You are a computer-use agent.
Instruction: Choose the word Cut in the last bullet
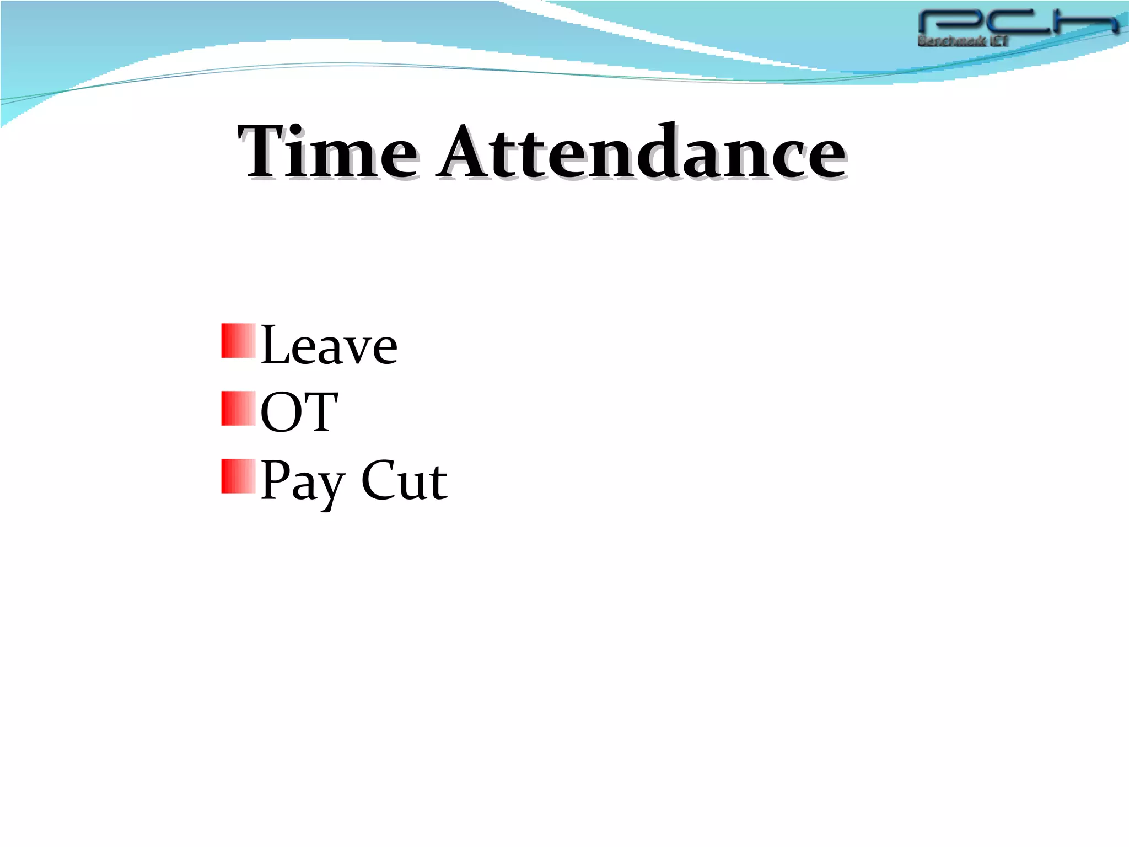[x=404, y=480]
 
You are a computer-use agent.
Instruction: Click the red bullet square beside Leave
[x=238, y=341]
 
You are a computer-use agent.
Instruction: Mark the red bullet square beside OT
[x=238, y=409]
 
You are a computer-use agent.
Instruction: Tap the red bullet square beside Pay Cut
[x=238, y=476]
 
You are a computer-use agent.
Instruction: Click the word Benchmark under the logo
[x=951, y=41]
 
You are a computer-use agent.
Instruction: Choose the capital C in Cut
[x=379, y=480]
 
